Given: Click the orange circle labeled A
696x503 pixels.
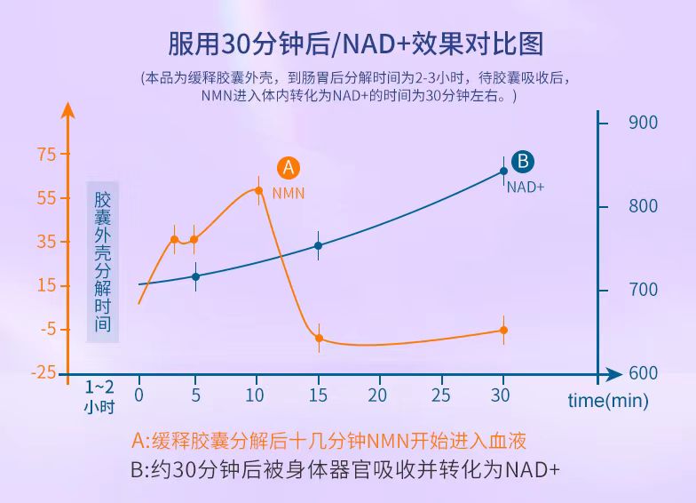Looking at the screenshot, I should click(x=288, y=167).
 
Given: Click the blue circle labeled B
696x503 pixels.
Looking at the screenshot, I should click(x=523, y=161).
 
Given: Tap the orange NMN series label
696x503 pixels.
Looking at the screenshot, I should click(x=289, y=192).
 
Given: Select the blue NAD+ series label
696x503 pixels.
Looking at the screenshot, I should click(x=525, y=187).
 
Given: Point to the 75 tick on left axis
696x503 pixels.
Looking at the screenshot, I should click(x=45, y=154).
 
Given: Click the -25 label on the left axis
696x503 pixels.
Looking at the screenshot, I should click(x=43, y=372).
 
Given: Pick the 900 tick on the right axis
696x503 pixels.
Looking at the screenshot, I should click(x=643, y=123).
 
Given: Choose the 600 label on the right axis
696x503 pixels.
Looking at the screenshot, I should click(x=643, y=373).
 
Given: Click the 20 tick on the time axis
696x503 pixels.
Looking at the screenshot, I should click(x=378, y=394).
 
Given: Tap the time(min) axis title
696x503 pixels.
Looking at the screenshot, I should click(x=608, y=401).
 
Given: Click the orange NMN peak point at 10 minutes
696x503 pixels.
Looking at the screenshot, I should click(x=259, y=190).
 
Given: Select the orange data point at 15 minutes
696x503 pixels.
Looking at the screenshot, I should click(x=319, y=339).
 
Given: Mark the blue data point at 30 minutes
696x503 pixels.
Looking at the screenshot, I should click(x=503, y=171).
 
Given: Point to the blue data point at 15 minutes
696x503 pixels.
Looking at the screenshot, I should click(x=319, y=245).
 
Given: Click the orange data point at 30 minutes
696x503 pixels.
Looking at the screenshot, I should click(x=503, y=330).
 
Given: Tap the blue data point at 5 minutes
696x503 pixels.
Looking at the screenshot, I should click(x=195, y=276).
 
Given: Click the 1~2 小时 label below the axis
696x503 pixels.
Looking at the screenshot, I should click(x=99, y=397).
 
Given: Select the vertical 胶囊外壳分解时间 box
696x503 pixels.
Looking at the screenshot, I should click(x=103, y=262).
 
